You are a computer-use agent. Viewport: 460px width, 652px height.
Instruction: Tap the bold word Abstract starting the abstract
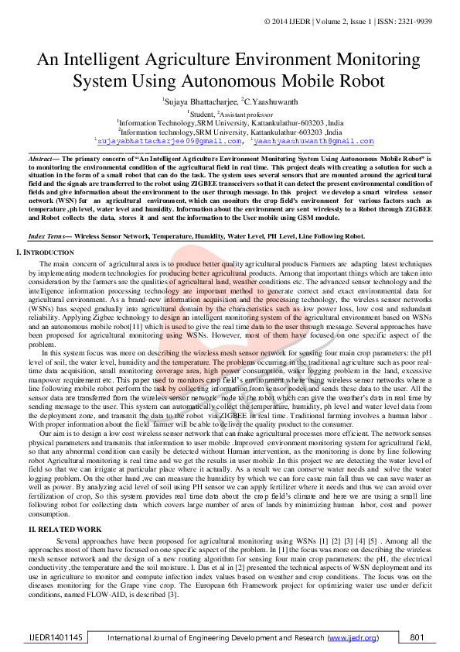[x=39, y=156]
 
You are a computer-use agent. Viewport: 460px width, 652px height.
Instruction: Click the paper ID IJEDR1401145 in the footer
[x=52, y=637]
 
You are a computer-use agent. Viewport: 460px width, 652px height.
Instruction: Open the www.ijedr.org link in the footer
[x=353, y=638]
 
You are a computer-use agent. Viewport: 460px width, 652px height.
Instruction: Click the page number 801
[x=417, y=637]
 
